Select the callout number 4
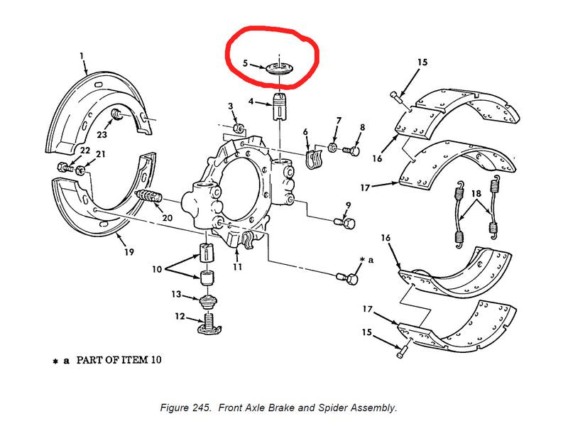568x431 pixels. (x=251, y=102)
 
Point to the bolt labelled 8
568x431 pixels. (x=350, y=150)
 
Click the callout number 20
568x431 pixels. (x=167, y=217)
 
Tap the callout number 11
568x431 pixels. (x=237, y=267)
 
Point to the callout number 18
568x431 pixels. (x=476, y=193)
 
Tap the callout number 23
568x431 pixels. (x=102, y=133)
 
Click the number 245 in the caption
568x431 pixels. (x=202, y=408)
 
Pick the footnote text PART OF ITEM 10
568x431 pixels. (x=119, y=360)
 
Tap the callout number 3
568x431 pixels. (x=231, y=106)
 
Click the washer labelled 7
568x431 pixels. (x=333, y=148)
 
